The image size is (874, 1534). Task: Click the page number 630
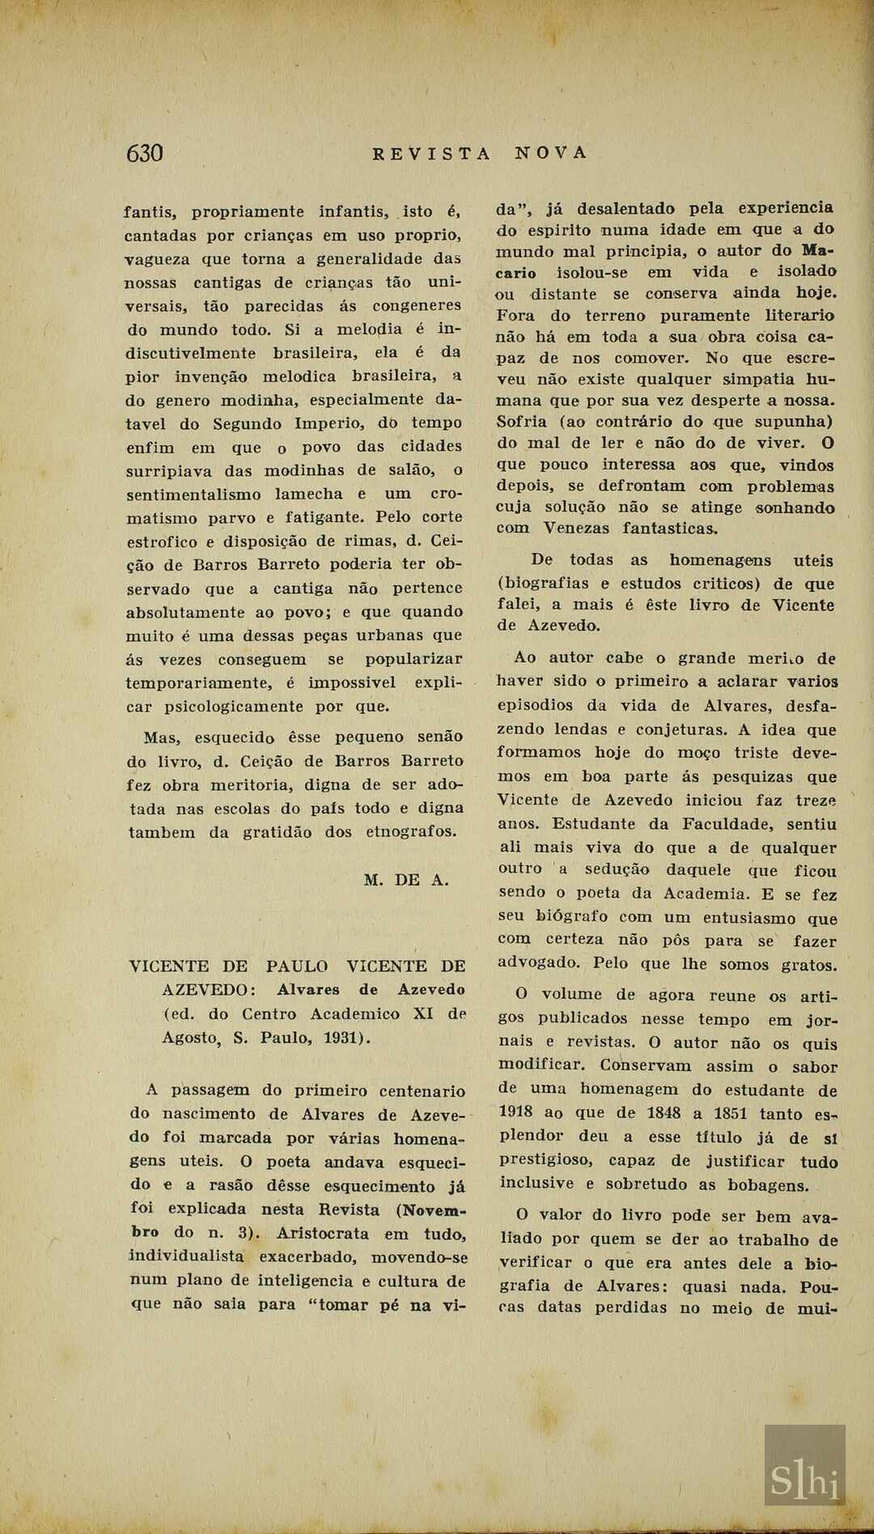[x=145, y=153]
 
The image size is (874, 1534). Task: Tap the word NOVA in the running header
[x=551, y=153]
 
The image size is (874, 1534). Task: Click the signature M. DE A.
[x=406, y=880]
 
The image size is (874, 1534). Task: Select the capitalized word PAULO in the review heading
[x=297, y=966]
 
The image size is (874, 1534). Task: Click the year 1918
[x=515, y=1112]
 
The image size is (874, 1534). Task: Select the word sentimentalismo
[x=193, y=495]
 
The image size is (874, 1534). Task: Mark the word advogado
[x=539, y=962]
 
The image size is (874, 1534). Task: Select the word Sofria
[x=522, y=422]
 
